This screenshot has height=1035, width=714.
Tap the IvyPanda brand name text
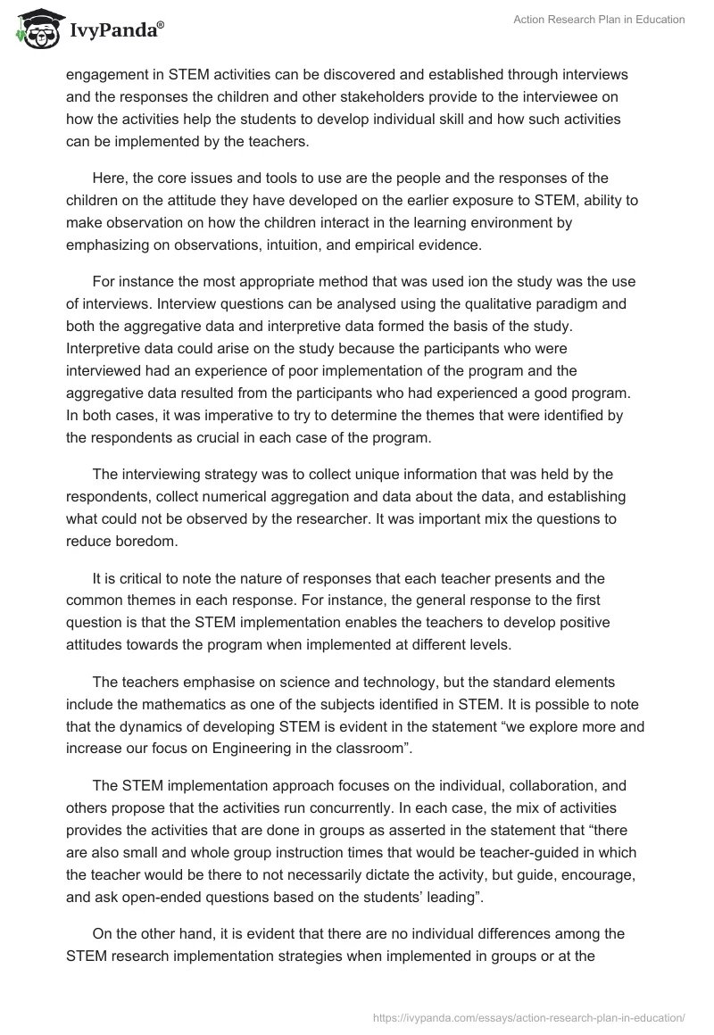tap(116, 32)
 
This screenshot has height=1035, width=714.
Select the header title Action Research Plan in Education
tap(598, 21)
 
